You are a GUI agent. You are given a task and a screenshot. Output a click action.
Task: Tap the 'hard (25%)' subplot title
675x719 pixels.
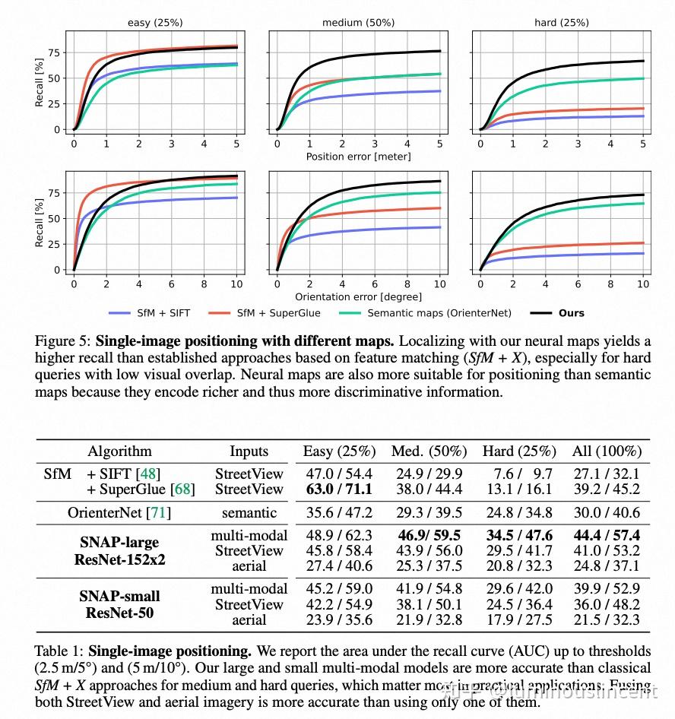(561, 22)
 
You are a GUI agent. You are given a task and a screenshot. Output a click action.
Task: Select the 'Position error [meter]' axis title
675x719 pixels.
(358, 157)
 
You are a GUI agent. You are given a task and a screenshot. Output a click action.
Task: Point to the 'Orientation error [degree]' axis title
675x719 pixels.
(358, 296)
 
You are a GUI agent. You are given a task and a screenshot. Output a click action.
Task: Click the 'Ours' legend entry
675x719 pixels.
(571, 313)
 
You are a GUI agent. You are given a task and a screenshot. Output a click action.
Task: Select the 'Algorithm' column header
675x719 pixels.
(119, 451)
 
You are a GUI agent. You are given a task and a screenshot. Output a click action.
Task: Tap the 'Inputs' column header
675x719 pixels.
(249, 451)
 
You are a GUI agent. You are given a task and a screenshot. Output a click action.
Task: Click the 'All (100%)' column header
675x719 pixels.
(607, 451)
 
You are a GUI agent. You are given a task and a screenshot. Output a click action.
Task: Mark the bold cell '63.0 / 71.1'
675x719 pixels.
(339, 489)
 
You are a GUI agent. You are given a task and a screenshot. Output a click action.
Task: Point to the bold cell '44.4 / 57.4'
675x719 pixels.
(607, 536)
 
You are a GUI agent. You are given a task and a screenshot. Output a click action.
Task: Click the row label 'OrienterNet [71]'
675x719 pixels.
(119, 513)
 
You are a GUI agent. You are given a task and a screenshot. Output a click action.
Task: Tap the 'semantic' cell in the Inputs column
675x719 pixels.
(249, 513)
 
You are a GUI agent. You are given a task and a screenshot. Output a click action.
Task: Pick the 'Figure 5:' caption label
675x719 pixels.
(63, 342)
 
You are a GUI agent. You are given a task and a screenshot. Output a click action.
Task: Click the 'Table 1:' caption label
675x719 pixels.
(60, 651)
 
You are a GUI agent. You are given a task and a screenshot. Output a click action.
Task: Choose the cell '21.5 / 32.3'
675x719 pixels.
(607, 619)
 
